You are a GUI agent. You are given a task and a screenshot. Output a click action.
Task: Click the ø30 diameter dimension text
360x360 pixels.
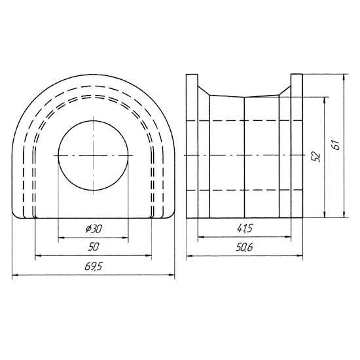[94, 229]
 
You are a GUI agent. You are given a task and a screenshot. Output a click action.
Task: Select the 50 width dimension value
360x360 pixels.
[94, 247]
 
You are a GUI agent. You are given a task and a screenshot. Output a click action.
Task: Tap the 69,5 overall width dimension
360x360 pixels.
[93, 266]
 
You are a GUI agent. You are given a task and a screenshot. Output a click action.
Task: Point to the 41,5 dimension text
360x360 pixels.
[245, 228]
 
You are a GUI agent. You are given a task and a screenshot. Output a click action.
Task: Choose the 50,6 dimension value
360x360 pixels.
[244, 247]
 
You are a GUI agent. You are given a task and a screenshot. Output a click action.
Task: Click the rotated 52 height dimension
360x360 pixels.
[316, 156]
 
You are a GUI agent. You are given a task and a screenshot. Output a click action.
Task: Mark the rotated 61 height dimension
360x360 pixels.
[336, 145]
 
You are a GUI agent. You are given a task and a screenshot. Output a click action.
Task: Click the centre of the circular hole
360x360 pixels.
[93, 155]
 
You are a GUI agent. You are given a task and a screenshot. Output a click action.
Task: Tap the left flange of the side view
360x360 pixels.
[192, 146]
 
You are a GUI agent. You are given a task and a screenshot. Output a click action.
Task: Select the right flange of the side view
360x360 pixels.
[297, 146]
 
